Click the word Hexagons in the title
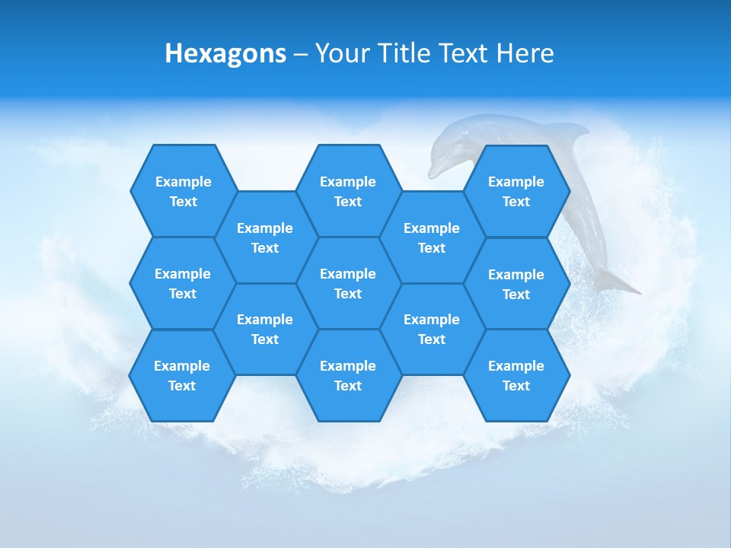click(x=225, y=53)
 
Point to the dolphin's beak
click(x=433, y=170)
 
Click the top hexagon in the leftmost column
click(x=183, y=191)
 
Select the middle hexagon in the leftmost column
click(x=183, y=283)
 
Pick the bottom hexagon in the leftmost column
click(x=182, y=375)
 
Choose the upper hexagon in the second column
click(x=265, y=237)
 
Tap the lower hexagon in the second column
click(x=265, y=329)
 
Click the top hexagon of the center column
click(x=348, y=191)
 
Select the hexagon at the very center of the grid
click(x=348, y=283)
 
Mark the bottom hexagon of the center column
click(x=348, y=375)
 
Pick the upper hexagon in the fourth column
click(x=432, y=237)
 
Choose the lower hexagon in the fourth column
click(x=432, y=329)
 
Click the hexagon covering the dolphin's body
click(x=516, y=191)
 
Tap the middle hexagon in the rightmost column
click(x=516, y=284)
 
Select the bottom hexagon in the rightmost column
click(x=516, y=375)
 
